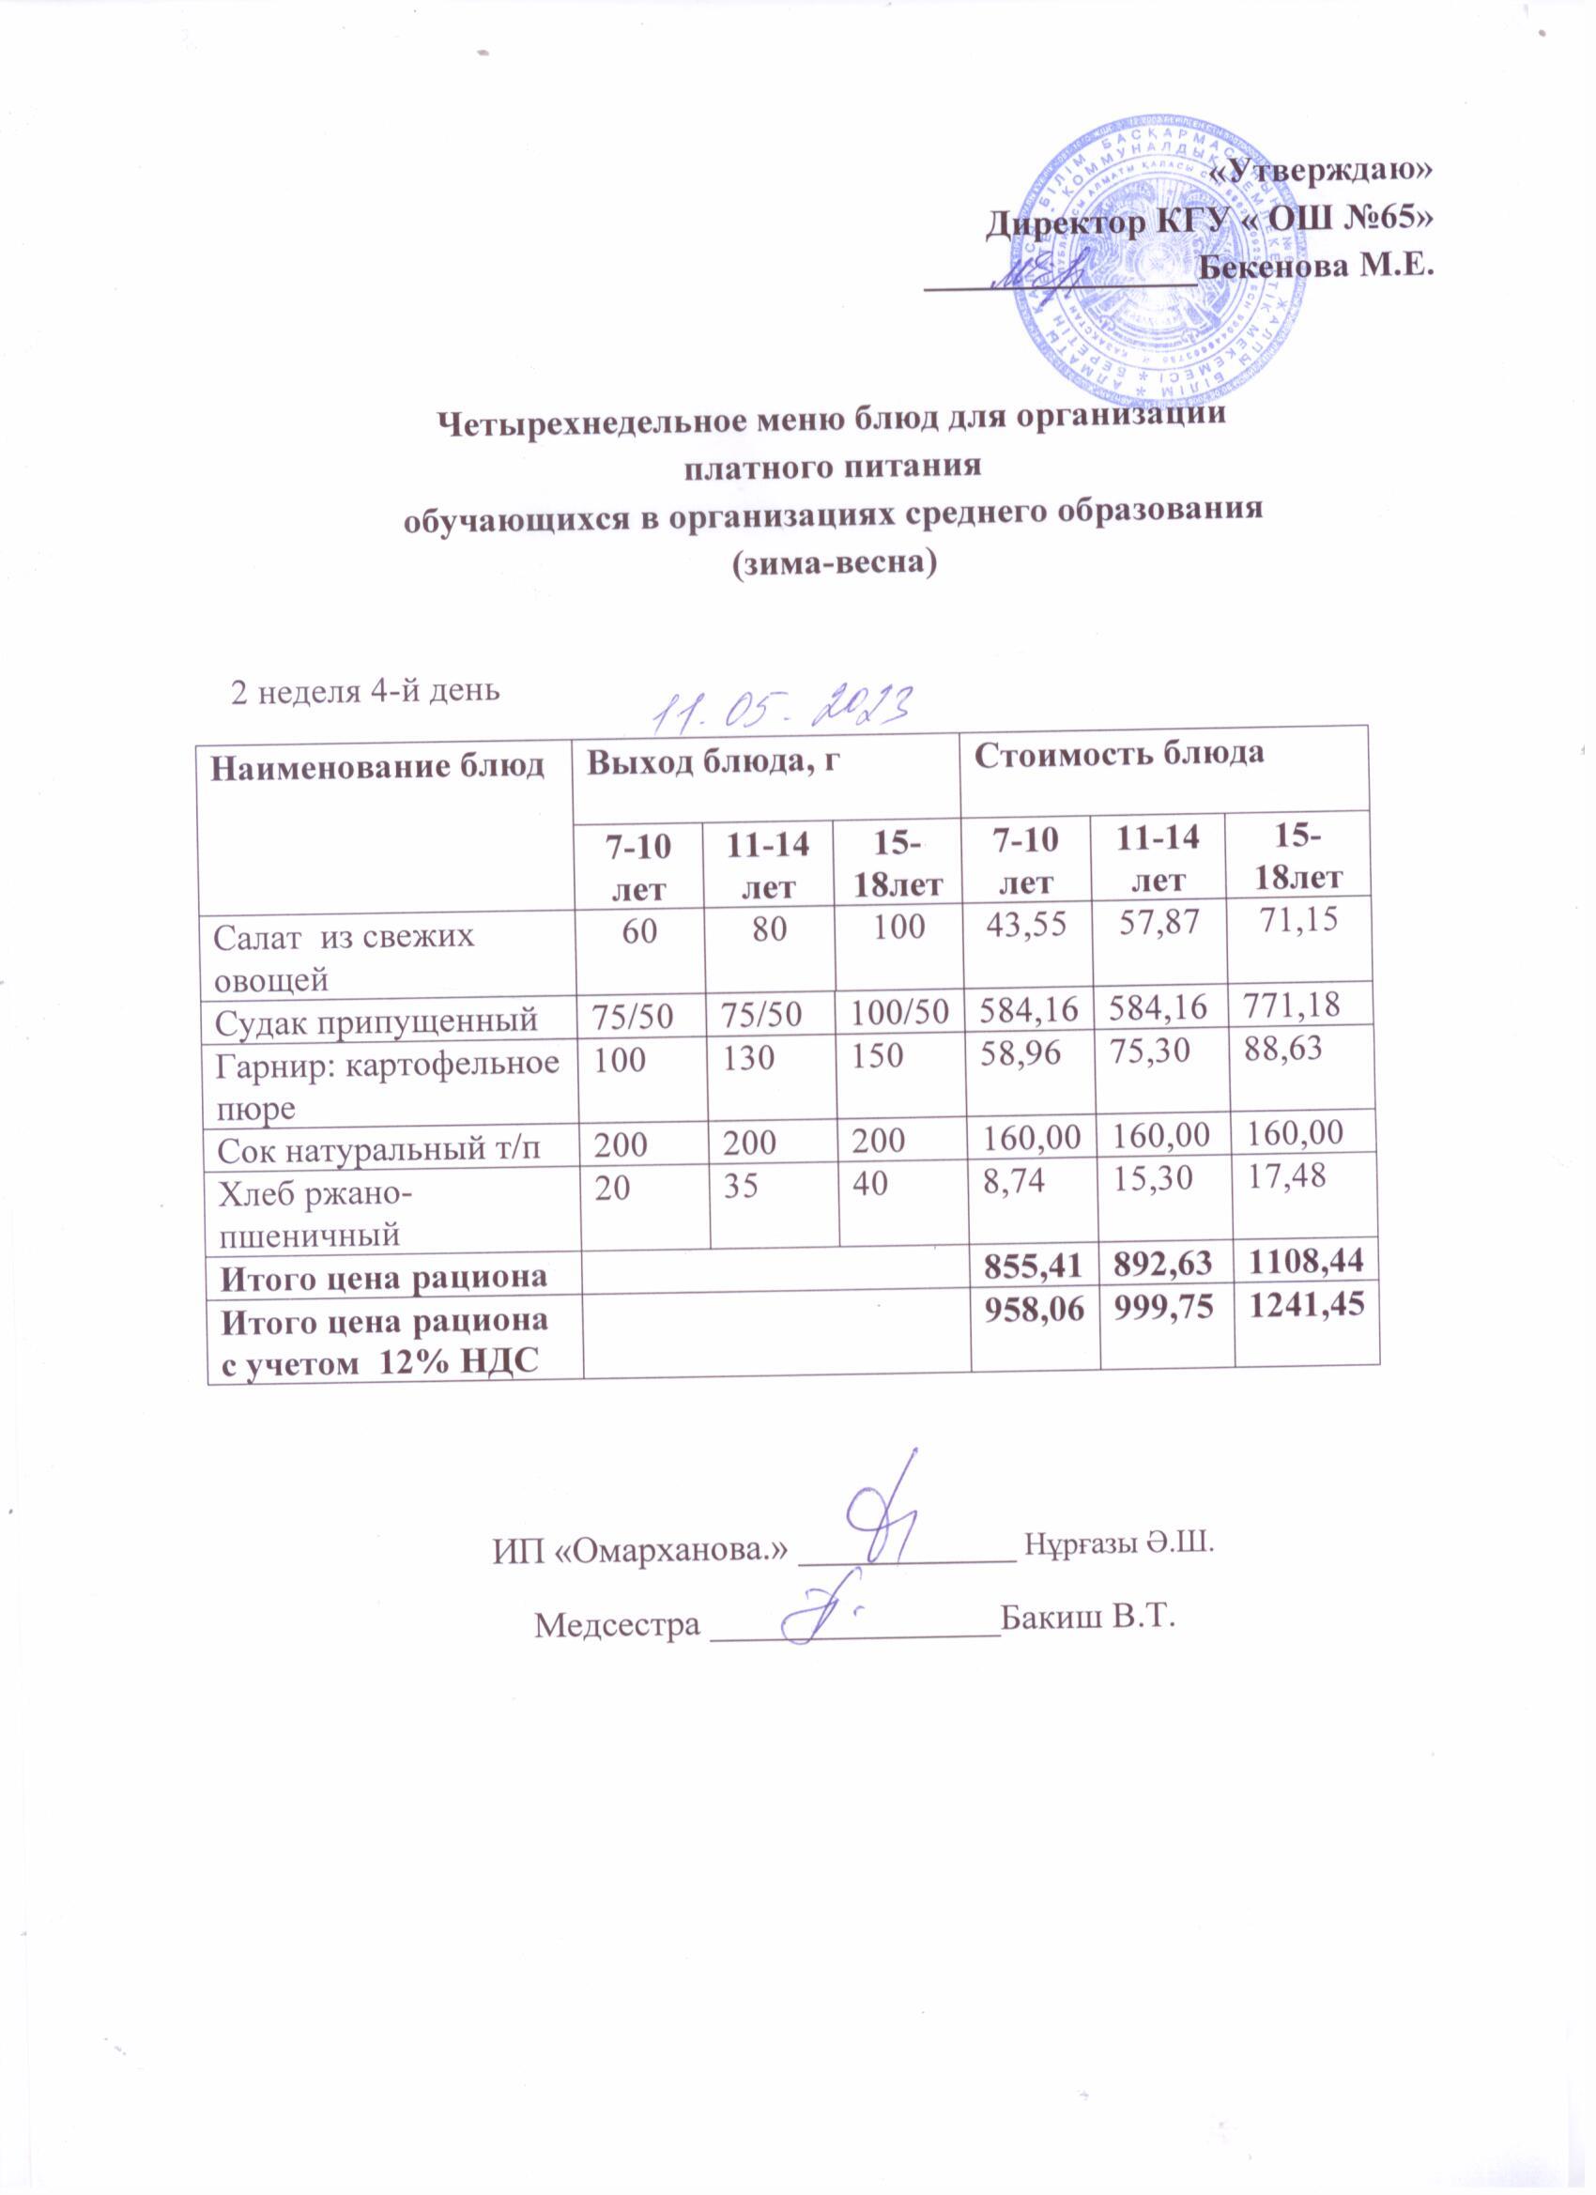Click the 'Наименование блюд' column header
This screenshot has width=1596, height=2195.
coord(377,767)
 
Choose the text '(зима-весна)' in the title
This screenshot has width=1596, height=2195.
coord(834,561)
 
